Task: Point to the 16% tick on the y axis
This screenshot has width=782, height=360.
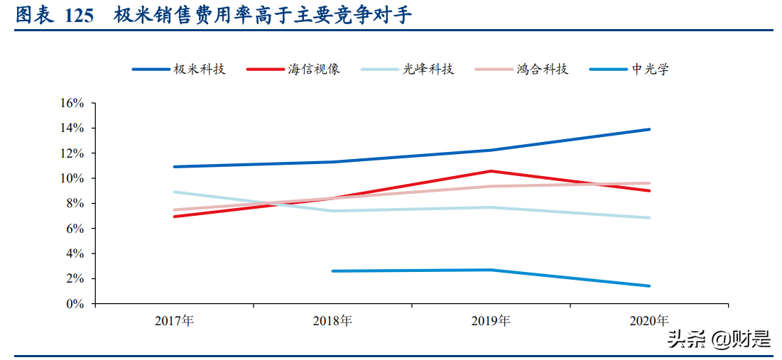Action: pyautogui.click(x=72, y=103)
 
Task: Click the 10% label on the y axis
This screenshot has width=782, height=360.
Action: pyautogui.click(x=72, y=178)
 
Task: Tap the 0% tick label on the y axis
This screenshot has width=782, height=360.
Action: pyautogui.click(x=75, y=304)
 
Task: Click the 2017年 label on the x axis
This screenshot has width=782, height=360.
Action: pyautogui.click(x=174, y=321)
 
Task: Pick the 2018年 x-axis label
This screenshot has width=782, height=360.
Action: pyautogui.click(x=332, y=321)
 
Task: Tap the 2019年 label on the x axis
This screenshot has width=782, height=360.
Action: pyautogui.click(x=491, y=321)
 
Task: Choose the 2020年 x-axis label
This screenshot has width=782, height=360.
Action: pyautogui.click(x=649, y=321)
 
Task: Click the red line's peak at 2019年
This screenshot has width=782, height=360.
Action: pyautogui.click(x=491, y=171)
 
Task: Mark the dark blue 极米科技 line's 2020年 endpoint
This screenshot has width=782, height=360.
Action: pyautogui.click(x=649, y=129)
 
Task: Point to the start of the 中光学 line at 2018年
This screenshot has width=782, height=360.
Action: pyautogui.click(x=332, y=271)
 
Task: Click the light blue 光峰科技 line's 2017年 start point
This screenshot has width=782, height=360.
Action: pyautogui.click(x=174, y=192)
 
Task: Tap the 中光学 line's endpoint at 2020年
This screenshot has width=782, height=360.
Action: pyautogui.click(x=649, y=286)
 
